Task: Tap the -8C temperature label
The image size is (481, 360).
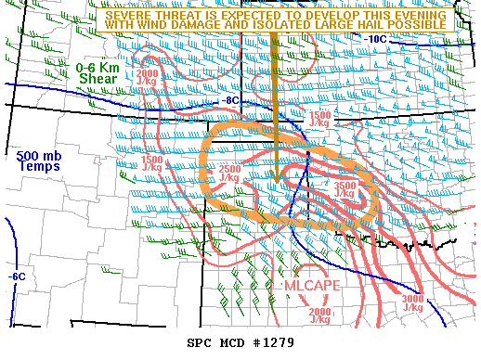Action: tap(231, 100)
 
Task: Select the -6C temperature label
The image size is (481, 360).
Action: tap(16, 276)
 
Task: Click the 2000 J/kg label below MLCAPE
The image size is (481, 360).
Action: tap(319, 315)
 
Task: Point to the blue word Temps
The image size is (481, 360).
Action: tap(38, 167)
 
